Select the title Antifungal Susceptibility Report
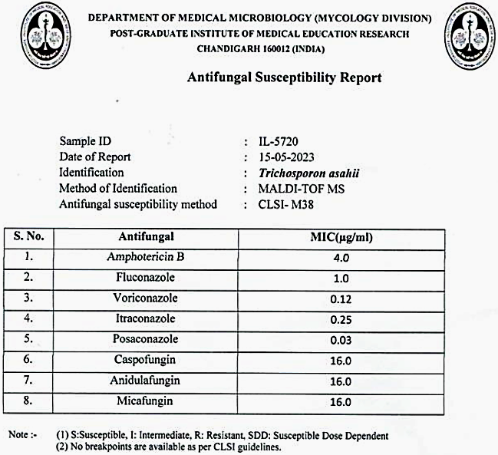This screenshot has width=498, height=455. tap(284, 77)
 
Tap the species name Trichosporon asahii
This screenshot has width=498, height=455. tap(309, 173)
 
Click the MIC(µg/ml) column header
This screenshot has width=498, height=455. tap(341, 238)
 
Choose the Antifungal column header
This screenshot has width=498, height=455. tap(146, 237)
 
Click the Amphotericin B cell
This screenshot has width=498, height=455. tap(146, 258)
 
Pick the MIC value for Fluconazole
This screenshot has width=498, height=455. tap(341, 279)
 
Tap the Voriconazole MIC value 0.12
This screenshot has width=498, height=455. tap(341, 299)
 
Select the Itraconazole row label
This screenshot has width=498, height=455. tap(146, 318)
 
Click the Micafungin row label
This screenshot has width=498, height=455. tap(146, 401)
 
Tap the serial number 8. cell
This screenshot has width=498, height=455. tap(28, 401)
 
